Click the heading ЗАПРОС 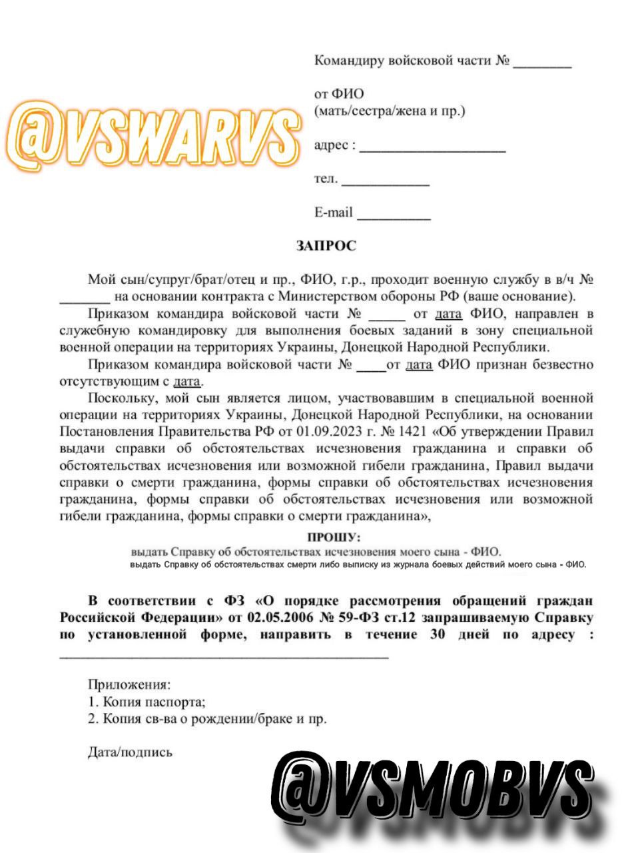tap(326, 247)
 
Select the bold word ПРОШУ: tap(334, 537)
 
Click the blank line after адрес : tap(432, 149)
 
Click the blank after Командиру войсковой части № tap(541, 65)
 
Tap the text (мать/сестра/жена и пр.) tap(390, 111)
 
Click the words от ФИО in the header tap(339, 95)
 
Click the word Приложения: tap(129, 684)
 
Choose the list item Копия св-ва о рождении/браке tap(208, 719)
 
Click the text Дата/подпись tap(130, 752)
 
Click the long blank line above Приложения tap(224, 656)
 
